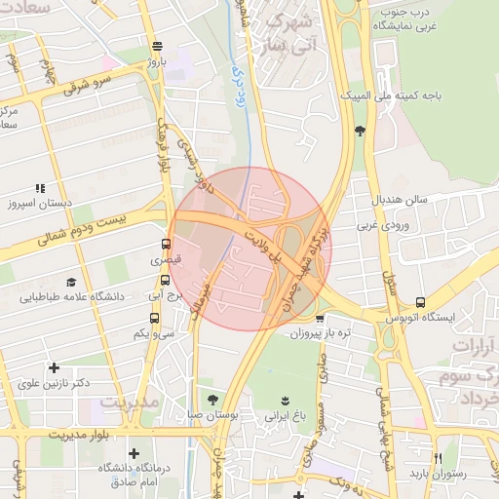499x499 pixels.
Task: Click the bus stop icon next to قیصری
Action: (166, 245)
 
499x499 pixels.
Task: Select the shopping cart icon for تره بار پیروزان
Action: (319, 318)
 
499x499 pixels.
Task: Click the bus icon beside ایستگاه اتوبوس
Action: (420, 302)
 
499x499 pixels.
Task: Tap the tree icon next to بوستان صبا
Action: (212, 400)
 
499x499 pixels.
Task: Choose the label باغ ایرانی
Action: (284, 415)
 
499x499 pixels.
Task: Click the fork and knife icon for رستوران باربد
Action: (438, 458)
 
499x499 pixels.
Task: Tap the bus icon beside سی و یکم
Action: (154, 318)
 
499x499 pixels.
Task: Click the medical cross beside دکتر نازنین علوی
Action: (53, 367)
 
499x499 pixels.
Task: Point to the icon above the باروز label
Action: (157, 46)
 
